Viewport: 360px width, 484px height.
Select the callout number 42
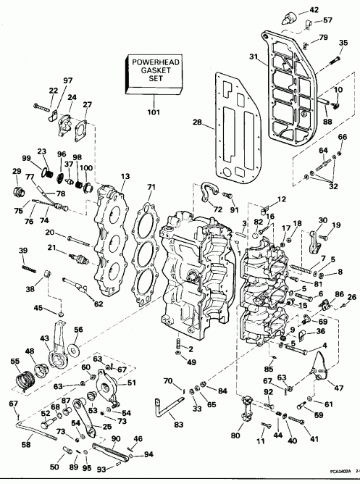coord(314,9)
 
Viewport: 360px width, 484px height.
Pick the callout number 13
coord(126,176)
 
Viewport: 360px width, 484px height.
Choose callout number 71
coord(151,188)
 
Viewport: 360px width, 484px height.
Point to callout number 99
coord(27,159)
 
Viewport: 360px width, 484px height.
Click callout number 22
coord(53,91)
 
